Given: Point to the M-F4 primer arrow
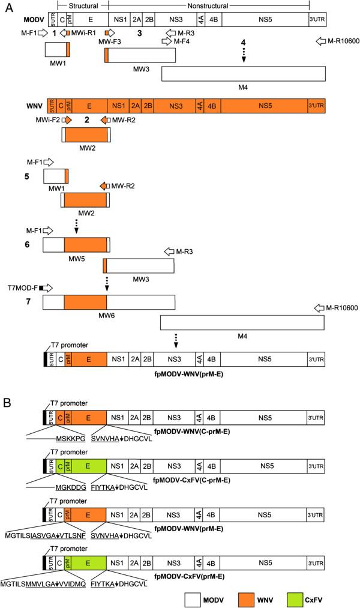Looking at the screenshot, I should point(166,41).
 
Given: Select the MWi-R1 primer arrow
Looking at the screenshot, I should point(65,33).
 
